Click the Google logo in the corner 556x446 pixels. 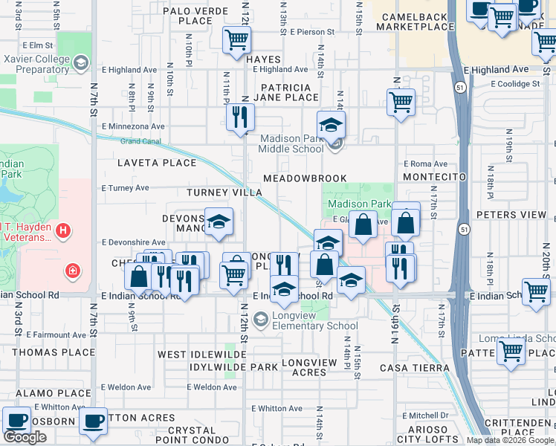[25, 437]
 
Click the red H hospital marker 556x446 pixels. [63, 232]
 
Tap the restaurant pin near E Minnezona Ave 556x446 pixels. [240, 117]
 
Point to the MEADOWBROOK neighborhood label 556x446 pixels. [305, 178]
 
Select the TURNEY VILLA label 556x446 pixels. [224, 193]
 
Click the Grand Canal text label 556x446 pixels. [140, 140]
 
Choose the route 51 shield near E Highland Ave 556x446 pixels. [461, 88]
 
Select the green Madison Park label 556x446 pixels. [359, 204]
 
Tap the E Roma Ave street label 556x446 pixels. [426, 164]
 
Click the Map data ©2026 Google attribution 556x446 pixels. [510, 440]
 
